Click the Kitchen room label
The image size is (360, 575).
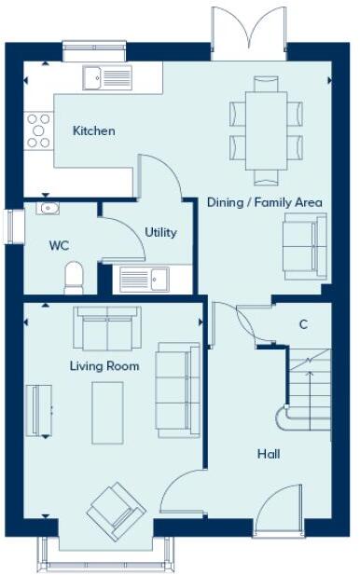click(x=94, y=131)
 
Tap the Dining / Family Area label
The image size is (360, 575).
click(x=264, y=202)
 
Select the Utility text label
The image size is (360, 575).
click(x=160, y=232)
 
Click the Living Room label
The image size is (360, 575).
click(x=104, y=366)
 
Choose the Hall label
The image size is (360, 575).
click(x=269, y=454)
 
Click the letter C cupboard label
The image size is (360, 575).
click(x=303, y=324)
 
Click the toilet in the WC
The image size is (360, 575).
click(x=74, y=276)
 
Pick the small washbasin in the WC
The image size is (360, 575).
click(x=48, y=209)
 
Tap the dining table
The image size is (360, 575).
click(x=266, y=128)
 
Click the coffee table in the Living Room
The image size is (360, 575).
click(x=105, y=413)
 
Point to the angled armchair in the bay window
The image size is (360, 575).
click(x=115, y=510)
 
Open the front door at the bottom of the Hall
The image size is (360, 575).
click(x=278, y=513)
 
